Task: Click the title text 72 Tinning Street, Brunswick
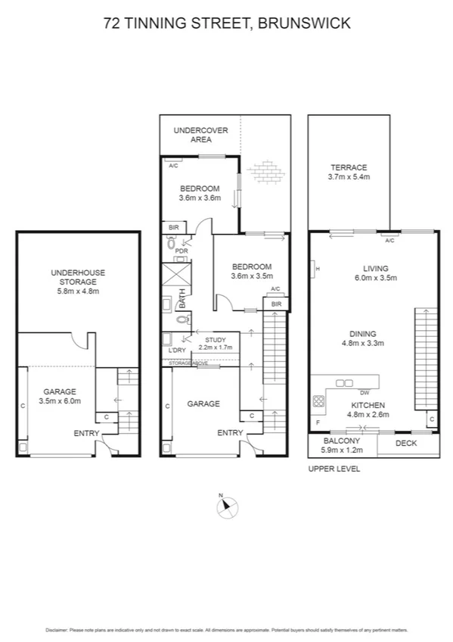[226, 23]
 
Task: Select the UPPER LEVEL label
[334, 469]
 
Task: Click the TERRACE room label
[349, 167]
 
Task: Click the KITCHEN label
[367, 405]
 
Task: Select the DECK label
[406, 444]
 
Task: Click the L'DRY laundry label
[177, 351]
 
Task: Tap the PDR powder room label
[182, 251]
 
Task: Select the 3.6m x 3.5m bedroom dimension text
[251, 276]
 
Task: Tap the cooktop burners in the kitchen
[318, 400]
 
